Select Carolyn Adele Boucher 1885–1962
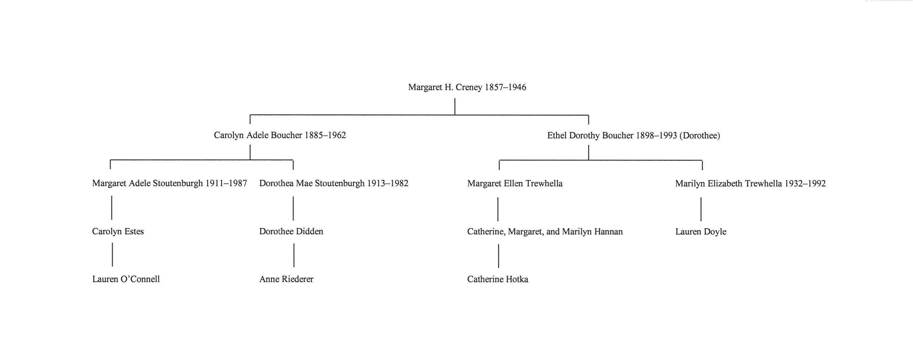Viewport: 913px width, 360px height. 280,135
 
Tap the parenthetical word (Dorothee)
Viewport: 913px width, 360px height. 700,136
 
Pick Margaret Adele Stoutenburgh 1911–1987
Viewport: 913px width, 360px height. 169,183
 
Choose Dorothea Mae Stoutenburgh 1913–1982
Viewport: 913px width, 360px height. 334,183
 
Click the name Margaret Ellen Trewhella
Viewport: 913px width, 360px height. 515,183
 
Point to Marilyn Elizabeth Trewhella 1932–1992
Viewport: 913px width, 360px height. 750,183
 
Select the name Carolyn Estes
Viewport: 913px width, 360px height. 118,232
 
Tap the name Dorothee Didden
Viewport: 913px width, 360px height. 291,232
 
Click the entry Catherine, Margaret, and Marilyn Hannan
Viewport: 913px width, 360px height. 545,232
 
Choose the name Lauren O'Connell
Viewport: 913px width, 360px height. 126,279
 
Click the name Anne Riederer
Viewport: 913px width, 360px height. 286,279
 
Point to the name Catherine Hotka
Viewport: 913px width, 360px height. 498,279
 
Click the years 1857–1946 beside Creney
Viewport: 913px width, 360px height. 505,87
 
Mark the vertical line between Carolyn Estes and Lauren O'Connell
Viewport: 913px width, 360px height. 112,254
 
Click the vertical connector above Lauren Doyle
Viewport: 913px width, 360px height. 701,209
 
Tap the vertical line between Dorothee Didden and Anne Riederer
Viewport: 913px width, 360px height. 294,255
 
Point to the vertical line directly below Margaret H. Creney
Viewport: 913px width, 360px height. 455,107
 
